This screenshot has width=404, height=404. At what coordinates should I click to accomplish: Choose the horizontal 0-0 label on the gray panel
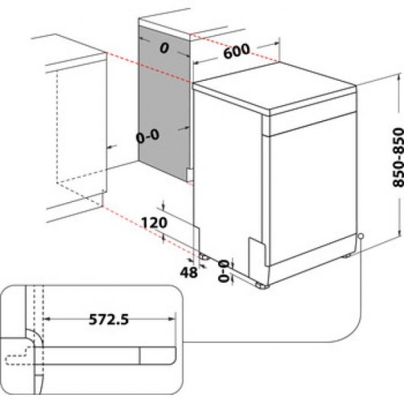point(148,138)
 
